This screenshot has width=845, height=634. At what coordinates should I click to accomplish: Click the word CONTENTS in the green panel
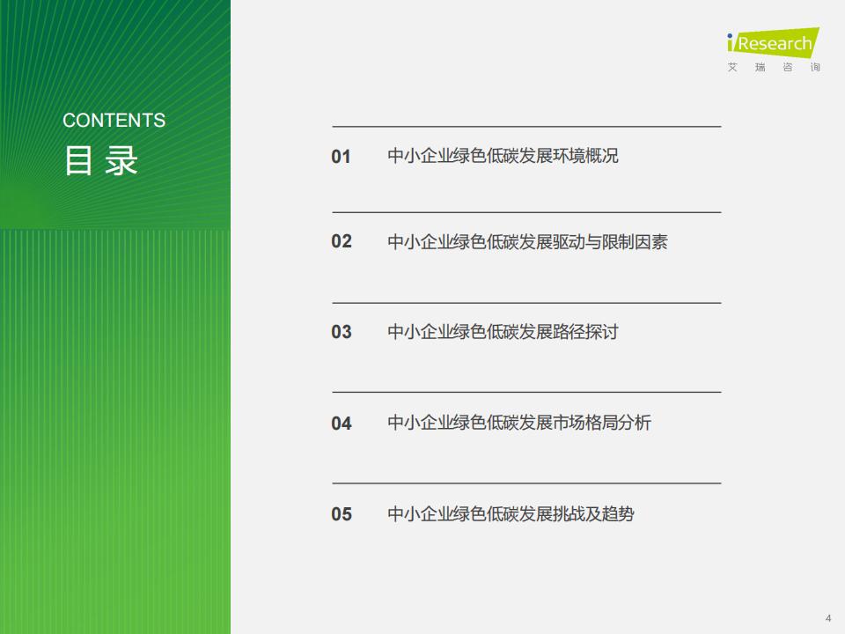pos(114,121)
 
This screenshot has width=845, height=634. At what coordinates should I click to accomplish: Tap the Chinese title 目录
pos(101,160)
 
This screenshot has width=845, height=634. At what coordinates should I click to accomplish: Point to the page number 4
pos(828,618)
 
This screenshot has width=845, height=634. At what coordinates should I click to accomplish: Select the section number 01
pos(342,157)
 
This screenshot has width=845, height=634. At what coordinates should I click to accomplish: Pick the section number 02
pos(342,241)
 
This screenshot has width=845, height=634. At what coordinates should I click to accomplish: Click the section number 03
pos(342,332)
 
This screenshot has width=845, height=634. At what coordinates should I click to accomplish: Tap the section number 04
pos(342,424)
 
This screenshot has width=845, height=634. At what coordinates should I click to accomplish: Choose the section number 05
pos(342,514)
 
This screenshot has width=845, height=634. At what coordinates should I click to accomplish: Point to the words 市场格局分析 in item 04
pos(602,422)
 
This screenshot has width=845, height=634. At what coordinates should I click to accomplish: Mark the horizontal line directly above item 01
pos(526,127)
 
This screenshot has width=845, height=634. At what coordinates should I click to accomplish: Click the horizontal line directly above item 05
pos(526,483)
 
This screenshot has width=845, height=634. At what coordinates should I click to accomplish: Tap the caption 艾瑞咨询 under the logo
pos(774,68)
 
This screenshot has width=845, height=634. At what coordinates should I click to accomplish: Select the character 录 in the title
pos(121,160)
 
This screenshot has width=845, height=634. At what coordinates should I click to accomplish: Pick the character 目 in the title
pos(78,160)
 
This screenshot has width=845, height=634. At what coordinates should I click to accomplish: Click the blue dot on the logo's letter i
pos(730,36)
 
